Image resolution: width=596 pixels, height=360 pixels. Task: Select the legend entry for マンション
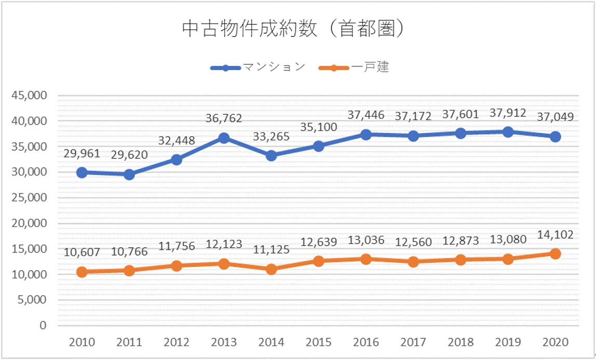tap(258, 68)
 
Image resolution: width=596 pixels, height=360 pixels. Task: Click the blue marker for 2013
tap(224, 138)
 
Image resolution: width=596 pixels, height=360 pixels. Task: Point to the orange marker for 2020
tap(555, 254)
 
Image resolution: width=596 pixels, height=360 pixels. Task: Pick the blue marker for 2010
tap(82, 172)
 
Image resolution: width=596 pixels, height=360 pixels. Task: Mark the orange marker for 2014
tap(271, 269)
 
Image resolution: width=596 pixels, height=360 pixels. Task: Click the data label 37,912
tap(508, 113)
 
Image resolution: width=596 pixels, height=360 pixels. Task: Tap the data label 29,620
tap(129, 155)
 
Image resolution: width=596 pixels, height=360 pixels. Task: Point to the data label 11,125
tap(271, 250)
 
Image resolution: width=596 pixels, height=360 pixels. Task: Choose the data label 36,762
tap(224, 119)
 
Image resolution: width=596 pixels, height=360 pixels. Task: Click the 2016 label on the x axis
tap(365, 343)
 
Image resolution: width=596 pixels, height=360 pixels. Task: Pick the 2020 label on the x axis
tap(555, 343)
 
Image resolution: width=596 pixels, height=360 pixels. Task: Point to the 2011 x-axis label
tap(129, 343)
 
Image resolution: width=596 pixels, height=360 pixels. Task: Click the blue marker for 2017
tap(413, 136)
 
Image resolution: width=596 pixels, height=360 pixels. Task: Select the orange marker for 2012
tap(177, 265)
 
